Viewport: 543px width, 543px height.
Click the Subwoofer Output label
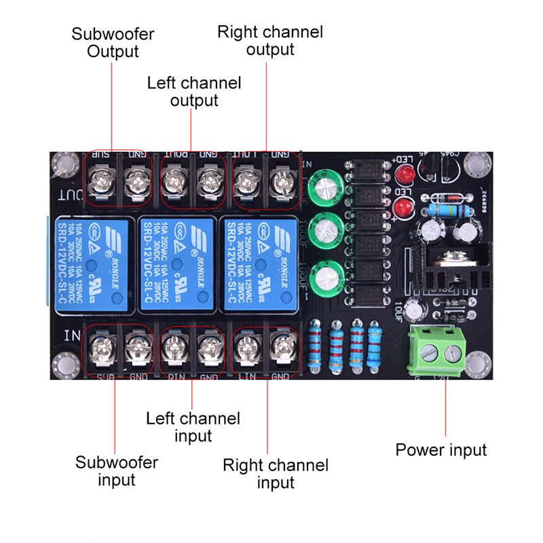113,43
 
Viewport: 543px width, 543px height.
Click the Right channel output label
270,40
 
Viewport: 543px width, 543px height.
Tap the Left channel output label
194,92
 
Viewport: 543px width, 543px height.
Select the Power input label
441,449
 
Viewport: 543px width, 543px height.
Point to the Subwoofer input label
117,471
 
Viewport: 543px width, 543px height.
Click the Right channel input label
276,474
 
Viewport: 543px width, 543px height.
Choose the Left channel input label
193,426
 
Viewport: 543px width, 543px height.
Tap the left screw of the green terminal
428,352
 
